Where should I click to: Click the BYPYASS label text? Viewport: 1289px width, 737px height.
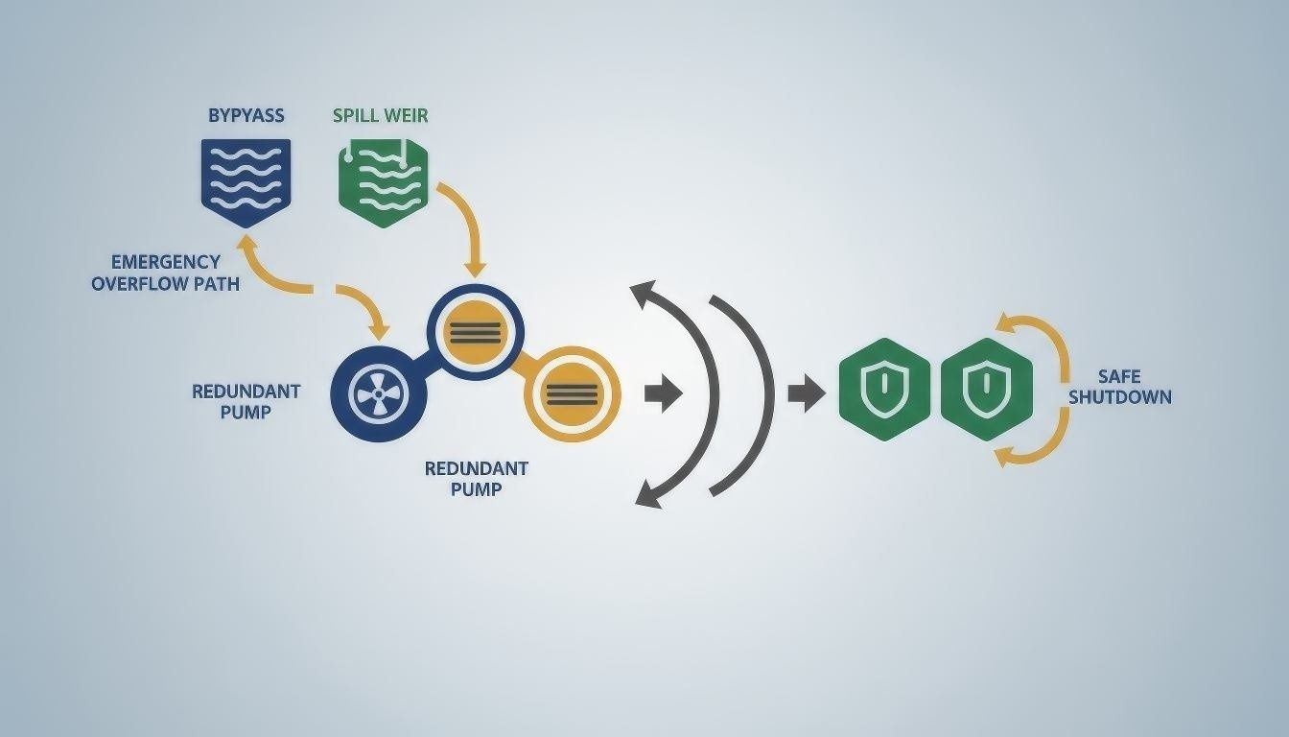246,116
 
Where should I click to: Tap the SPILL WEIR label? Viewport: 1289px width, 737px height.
381,116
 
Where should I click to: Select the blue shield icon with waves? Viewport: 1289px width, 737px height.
246,179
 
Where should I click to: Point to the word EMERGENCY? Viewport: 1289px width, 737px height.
166,262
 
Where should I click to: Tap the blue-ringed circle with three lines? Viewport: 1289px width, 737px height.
475,332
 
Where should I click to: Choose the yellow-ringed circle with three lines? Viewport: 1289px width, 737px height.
573,393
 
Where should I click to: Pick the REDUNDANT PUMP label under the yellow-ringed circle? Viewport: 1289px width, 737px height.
477,478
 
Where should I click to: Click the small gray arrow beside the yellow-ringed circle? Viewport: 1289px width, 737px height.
663,394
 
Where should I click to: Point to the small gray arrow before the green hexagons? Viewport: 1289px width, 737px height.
806,393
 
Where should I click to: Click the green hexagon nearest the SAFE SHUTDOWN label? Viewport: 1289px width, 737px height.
986,390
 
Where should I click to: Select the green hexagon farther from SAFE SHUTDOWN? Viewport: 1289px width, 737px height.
883,390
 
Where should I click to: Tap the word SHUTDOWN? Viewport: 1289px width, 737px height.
1119,397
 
